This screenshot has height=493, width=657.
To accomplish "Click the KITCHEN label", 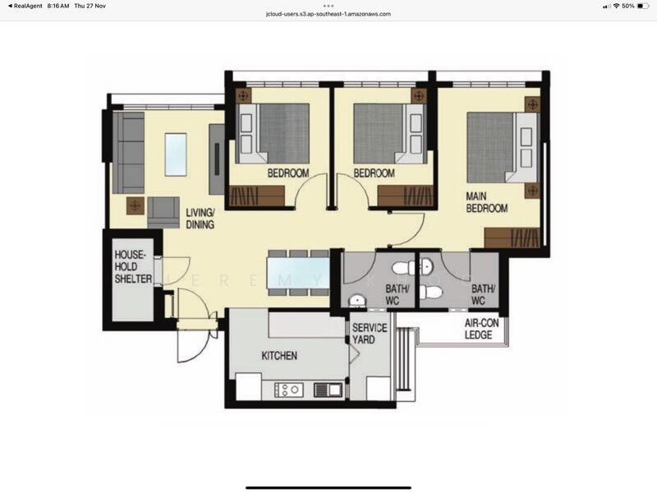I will [279, 356].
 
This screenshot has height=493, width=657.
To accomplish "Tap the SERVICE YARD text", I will [370, 333].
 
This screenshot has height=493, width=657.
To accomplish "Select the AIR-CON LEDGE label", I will [479, 329].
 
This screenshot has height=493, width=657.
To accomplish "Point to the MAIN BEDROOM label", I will [487, 202].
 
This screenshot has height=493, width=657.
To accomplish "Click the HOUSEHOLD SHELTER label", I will [133, 267].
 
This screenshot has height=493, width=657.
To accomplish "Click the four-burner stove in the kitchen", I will [292, 389].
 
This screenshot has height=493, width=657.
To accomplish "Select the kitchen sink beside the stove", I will [327, 389].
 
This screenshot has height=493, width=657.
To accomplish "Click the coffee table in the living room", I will [176, 154].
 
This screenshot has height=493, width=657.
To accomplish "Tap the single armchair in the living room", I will [163, 212].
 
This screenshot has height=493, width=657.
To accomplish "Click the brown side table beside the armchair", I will [134, 205].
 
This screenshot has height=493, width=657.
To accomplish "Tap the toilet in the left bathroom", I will [402, 267].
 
